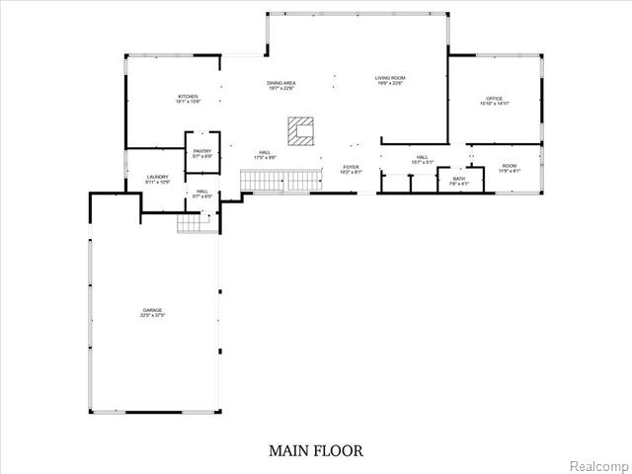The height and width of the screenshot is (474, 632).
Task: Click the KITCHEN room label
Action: point(188,96)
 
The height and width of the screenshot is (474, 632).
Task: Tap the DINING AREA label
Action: point(282,83)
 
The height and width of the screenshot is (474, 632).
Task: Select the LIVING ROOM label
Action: point(390,78)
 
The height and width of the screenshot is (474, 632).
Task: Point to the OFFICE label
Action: point(495,99)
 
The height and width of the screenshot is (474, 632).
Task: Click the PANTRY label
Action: point(202,151)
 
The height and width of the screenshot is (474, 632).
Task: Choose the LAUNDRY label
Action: point(158,177)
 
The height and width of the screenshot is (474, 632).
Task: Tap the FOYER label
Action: point(351,167)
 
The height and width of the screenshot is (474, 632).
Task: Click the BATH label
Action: point(459,179)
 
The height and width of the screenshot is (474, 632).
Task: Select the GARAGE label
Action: point(151,310)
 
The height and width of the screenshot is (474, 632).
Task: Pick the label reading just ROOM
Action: point(509,166)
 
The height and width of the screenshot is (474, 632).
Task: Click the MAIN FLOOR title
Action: point(316,450)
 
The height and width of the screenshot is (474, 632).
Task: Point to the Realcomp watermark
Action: point(601,464)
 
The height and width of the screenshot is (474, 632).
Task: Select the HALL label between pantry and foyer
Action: point(265,152)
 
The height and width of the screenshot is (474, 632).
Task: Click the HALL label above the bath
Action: point(422,157)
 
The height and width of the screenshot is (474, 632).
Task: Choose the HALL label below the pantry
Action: point(201,191)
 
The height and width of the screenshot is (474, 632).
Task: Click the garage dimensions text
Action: point(151,316)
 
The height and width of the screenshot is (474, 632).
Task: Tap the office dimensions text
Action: point(495,104)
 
